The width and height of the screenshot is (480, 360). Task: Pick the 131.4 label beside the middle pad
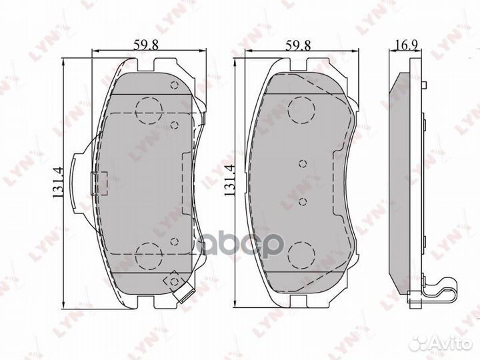point(230,182)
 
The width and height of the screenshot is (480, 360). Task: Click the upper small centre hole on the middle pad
point(302,163)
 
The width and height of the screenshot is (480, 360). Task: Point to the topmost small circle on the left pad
point(174,85)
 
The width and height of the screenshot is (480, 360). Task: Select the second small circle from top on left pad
point(173,124)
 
